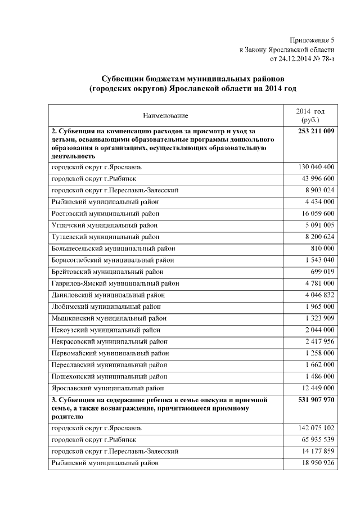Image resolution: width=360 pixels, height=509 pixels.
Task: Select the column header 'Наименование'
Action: [x=165, y=115]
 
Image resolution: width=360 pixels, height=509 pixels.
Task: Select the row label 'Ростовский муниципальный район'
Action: [x=105, y=213]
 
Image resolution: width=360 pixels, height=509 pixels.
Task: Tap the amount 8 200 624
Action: [x=319, y=237]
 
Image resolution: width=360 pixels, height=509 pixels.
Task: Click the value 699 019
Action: [x=322, y=272]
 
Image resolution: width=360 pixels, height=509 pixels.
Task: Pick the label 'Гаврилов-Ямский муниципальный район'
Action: [x=115, y=283]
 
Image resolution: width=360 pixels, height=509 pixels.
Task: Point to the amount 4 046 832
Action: [x=319, y=295]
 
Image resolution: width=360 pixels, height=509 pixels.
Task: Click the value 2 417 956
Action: [x=319, y=341]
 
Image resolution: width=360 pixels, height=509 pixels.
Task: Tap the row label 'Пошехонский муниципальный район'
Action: [x=109, y=376]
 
